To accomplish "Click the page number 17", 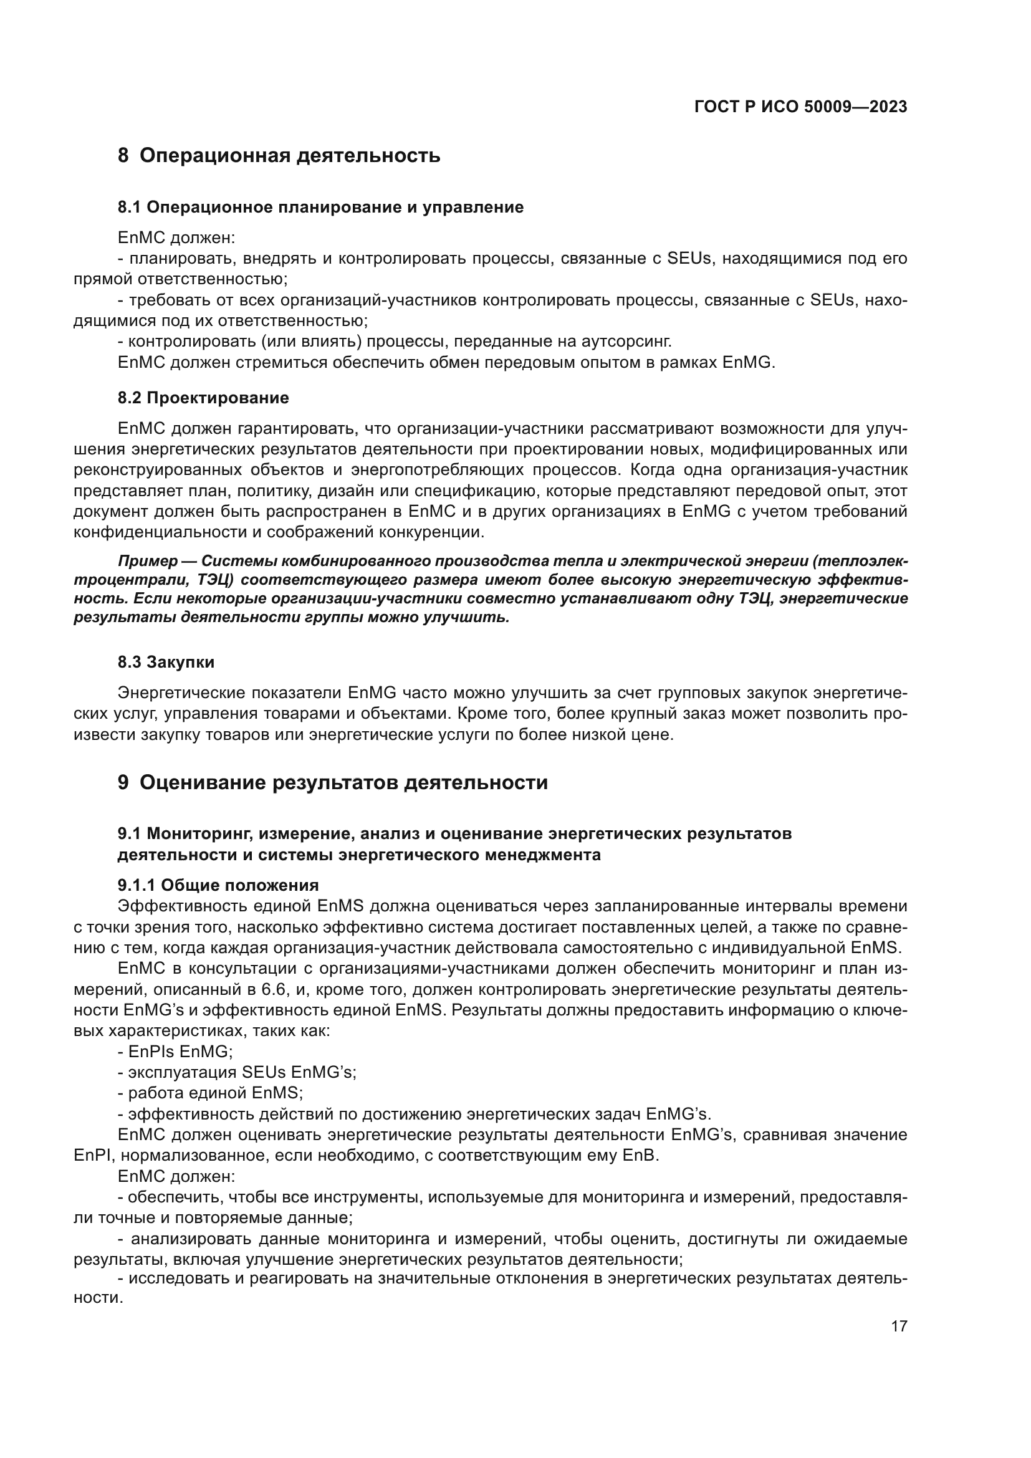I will coord(899,1326).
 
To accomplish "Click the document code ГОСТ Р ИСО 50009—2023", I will coord(800,107).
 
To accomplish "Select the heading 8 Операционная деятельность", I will coord(279,156).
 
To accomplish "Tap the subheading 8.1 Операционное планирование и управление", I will coord(320,207).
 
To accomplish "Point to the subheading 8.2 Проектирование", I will coord(203,398).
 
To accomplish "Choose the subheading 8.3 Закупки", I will coord(166,663).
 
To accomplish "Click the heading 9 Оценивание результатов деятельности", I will coord(333,782).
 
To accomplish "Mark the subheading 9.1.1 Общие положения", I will coord(218,885).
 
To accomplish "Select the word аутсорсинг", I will coord(626,342).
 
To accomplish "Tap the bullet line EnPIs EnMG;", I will coord(175,1052).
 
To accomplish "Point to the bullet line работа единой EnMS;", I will coord(210,1093).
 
